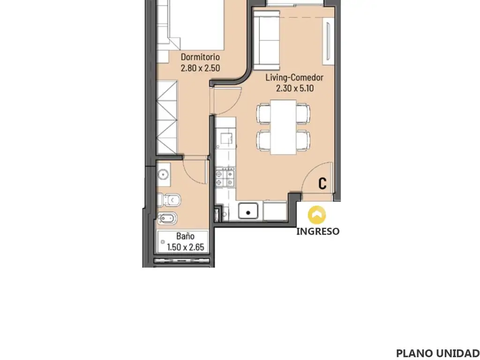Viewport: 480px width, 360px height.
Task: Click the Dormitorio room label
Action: point(200,57)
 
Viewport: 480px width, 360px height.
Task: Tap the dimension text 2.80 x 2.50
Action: point(200,68)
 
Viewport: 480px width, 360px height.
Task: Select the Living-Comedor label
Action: point(294,77)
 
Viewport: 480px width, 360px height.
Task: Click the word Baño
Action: point(185,236)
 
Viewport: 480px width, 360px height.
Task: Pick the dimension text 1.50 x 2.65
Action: point(186,247)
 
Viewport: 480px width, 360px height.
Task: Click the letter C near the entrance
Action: point(322,183)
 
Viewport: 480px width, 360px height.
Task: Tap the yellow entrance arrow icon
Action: point(317,215)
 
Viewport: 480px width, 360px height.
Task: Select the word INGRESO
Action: point(318,232)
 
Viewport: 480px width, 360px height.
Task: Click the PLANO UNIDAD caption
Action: point(438,353)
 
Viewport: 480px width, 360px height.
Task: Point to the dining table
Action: point(284,127)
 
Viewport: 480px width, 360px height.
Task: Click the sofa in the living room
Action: point(267,41)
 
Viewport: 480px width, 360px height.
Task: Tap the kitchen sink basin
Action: point(248,211)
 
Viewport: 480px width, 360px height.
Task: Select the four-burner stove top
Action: point(225,178)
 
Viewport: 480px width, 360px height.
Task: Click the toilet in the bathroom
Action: point(169,200)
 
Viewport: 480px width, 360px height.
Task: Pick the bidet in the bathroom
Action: point(167,218)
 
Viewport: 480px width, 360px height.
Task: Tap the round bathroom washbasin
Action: point(163,175)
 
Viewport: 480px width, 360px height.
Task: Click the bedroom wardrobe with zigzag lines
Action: point(167,118)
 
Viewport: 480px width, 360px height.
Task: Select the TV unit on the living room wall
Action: point(329,41)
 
